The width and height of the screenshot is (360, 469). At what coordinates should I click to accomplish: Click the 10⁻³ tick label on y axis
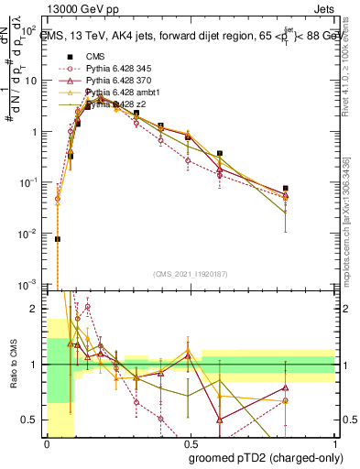(x=30, y=287)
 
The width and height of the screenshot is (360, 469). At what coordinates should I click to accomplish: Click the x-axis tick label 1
(x=333, y=443)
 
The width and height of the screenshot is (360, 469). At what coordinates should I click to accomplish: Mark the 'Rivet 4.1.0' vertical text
(x=348, y=87)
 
